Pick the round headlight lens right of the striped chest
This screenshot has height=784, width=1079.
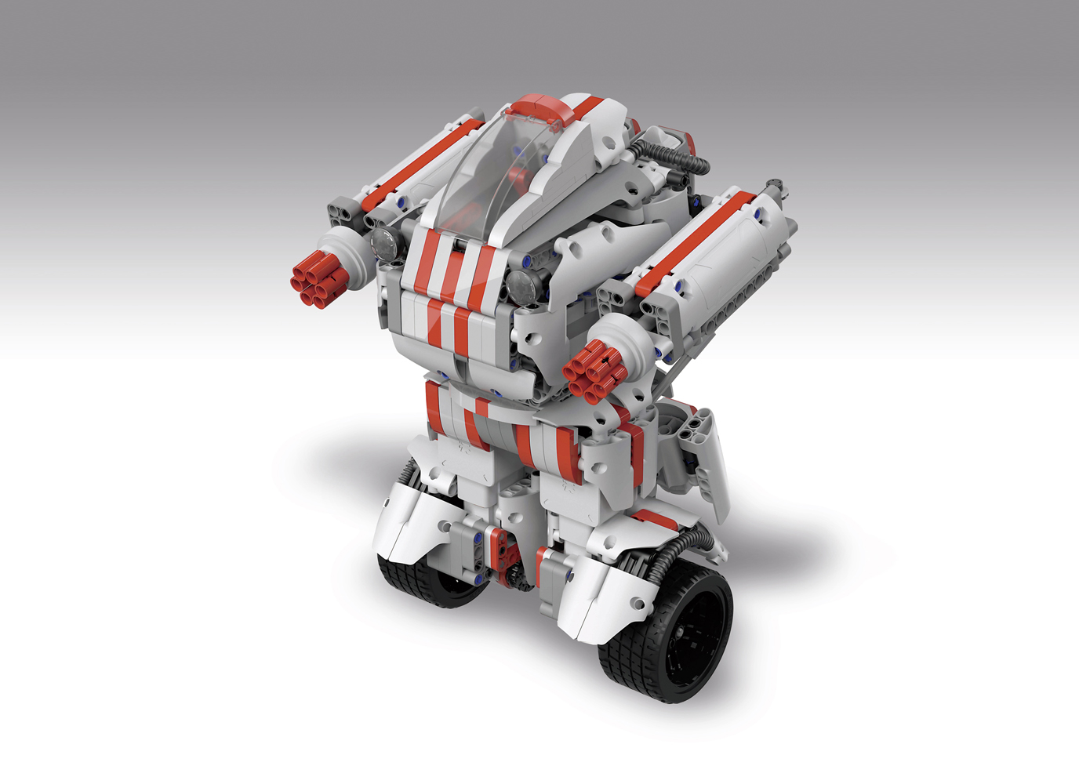pos(521,285)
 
